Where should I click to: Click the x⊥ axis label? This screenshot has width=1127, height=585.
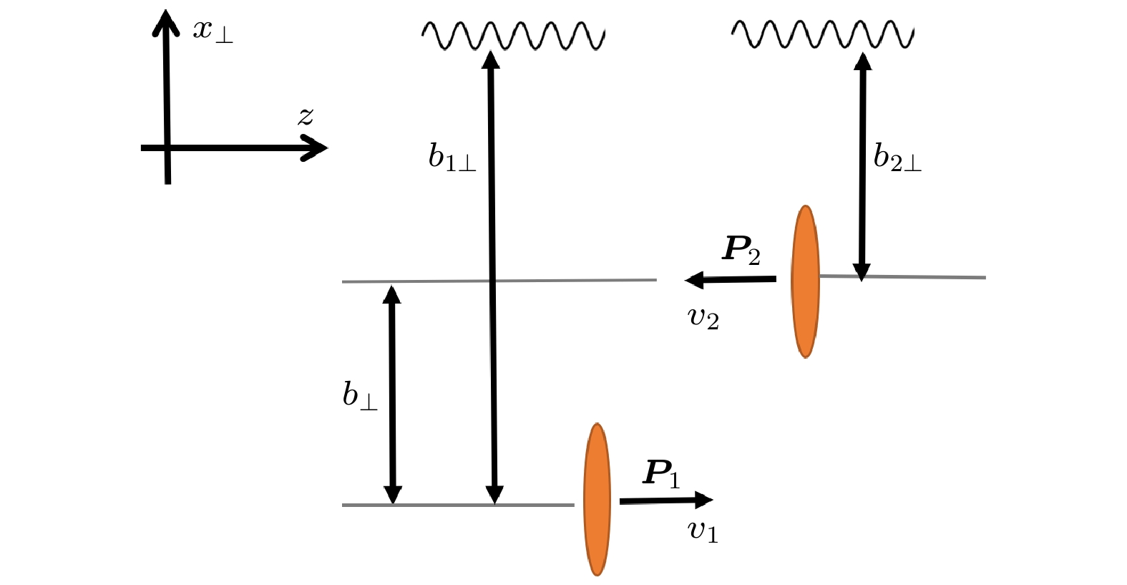click(x=212, y=30)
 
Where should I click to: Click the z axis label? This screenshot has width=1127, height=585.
click(x=306, y=117)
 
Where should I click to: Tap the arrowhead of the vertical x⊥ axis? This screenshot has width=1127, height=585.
click(x=165, y=20)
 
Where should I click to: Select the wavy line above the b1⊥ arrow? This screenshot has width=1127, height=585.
click(x=513, y=35)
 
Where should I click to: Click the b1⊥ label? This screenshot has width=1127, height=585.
click(x=452, y=157)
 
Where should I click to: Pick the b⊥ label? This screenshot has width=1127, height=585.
click(x=359, y=395)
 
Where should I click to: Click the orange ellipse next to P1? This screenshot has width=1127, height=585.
click(x=597, y=499)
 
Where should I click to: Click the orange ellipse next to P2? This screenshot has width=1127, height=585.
click(x=805, y=281)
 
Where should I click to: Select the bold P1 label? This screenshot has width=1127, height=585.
click(x=662, y=474)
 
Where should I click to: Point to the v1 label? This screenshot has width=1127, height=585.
click(x=703, y=531)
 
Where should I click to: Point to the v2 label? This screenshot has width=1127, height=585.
click(x=703, y=317)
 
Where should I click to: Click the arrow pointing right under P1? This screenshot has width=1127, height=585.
click(x=665, y=501)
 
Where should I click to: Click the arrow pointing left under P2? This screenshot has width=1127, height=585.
click(x=731, y=280)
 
